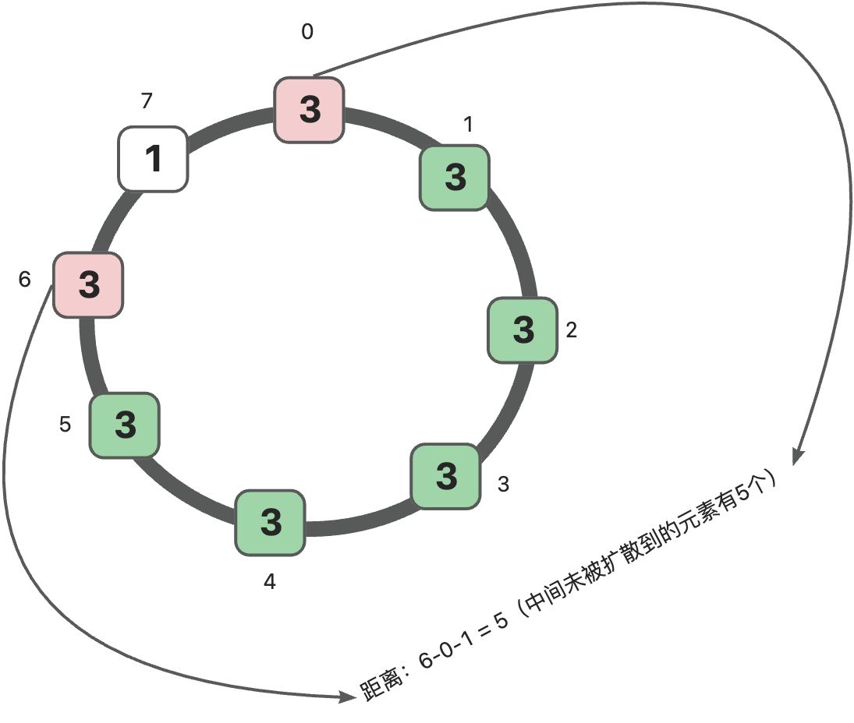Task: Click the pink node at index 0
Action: pyautogui.click(x=310, y=110)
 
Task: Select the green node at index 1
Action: pyautogui.click(x=455, y=178)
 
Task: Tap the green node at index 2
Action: pyautogui.click(x=523, y=330)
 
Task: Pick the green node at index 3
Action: pyautogui.click(x=446, y=476)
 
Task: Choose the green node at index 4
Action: pyautogui.click(x=270, y=522)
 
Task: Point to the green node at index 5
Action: pyautogui.click(x=125, y=425)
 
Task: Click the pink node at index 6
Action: pyautogui.click(x=88, y=284)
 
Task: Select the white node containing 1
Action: pyautogui.click(x=153, y=159)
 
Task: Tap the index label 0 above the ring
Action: pyautogui.click(x=307, y=33)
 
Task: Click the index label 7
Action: pyautogui.click(x=147, y=101)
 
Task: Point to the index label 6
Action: pyautogui.click(x=25, y=280)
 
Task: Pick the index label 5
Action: pyautogui.click(x=66, y=425)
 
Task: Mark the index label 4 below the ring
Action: pyautogui.click(x=269, y=582)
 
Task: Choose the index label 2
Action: pyautogui.click(x=572, y=330)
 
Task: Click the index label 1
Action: pyautogui.click(x=468, y=125)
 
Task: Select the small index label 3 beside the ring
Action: pyautogui.click(x=504, y=484)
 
